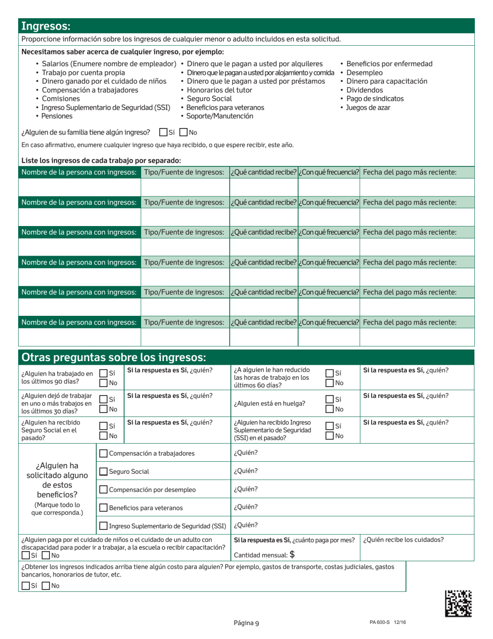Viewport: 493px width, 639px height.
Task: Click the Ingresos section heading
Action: [x=46, y=26]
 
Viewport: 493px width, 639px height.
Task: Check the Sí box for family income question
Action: [x=163, y=132]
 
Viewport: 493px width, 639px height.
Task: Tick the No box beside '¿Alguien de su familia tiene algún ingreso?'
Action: [x=183, y=132]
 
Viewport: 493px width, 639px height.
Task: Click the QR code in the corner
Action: [x=458, y=603]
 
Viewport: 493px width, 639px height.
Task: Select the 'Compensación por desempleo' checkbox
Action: [x=103, y=489]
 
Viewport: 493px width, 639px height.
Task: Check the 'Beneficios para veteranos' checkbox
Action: [x=103, y=508]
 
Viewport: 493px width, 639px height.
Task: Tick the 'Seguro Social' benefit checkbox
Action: [x=103, y=471]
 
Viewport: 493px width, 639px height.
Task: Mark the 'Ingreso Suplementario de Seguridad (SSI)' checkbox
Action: [x=103, y=525]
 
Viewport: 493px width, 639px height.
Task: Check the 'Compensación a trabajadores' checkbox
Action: [x=103, y=454]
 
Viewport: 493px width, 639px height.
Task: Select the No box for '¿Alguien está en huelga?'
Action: [x=329, y=409]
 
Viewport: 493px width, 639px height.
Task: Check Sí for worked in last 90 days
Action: [x=103, y=373]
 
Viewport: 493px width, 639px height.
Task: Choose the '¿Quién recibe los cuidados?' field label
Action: [x=403, y=539]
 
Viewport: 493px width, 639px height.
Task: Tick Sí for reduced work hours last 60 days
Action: [x=329, y=373]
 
